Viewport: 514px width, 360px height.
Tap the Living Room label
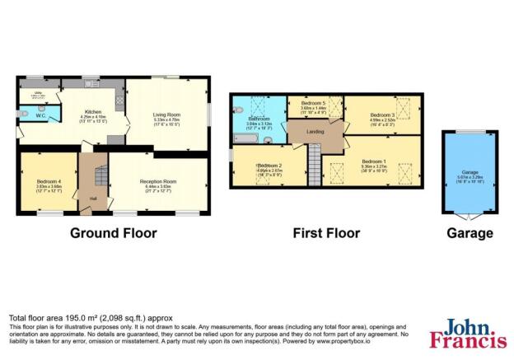click(167, 115)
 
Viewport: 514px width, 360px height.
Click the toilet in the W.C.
click(26, 115)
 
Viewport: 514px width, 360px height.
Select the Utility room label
click(35, 92)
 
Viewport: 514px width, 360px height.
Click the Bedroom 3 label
click(383, 115)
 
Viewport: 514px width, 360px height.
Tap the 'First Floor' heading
click(326, 233)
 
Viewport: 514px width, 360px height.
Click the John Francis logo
click(465, 334)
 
